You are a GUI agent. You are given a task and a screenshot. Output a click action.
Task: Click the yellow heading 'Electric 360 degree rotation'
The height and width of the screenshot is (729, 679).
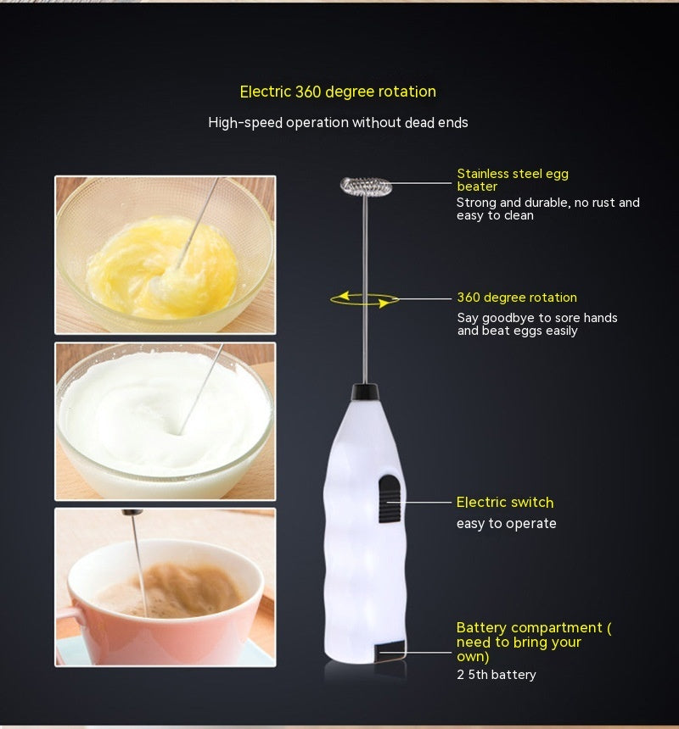point(338,92)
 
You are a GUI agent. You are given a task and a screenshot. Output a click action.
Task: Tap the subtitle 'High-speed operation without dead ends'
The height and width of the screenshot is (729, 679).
point(338,123)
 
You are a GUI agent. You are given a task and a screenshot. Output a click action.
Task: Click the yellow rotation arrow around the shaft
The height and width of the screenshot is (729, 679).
point(365,298)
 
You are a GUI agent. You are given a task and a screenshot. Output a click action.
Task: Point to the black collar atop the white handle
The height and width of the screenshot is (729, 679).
point(365,392)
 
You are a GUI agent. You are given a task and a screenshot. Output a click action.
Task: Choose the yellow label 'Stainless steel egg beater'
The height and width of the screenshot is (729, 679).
point(512,180)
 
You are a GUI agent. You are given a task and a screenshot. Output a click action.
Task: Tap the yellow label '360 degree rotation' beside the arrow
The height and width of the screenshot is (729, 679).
point(517,298)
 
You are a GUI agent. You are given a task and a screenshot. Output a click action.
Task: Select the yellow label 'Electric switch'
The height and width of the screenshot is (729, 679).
point(505,503)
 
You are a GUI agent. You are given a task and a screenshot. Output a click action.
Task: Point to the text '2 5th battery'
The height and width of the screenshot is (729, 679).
point(497,675)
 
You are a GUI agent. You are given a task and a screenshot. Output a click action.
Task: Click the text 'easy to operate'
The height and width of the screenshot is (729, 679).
point(507,524)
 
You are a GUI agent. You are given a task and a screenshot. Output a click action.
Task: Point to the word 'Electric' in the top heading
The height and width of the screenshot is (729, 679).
point(266,92)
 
